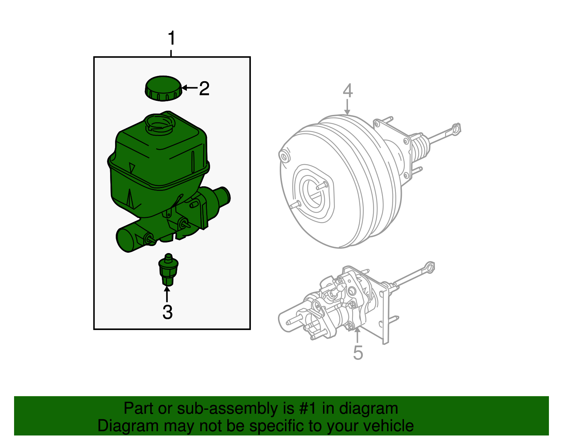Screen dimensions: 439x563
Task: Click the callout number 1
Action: coord(171,38)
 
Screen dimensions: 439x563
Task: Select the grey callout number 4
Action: coord(348,91)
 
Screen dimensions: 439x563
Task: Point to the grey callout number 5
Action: coord(358,352)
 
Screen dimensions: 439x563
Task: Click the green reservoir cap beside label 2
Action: coord(163,88)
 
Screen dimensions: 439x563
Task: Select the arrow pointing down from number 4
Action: coord(348,107)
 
